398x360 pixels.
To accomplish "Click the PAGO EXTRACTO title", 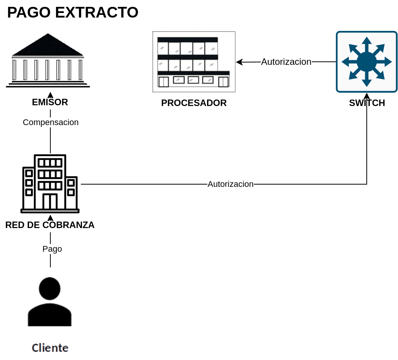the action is click(72, 12).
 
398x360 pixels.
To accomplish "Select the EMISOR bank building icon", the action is click(48, 60).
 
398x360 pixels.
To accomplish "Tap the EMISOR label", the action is click(50, 102).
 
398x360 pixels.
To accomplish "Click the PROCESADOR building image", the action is click(194, 62).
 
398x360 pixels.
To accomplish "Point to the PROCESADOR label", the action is click(194, 103).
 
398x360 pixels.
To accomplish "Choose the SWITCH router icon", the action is click(367, 62).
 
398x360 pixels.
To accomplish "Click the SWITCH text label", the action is click(367, 103).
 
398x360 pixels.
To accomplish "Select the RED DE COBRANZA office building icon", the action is click(50, 184).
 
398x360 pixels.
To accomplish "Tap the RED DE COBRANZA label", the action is click(50, 225).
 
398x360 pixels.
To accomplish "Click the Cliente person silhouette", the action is click(50, 302).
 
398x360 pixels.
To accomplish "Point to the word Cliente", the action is click(50, 348).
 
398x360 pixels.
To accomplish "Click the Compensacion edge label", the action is click(50, 122).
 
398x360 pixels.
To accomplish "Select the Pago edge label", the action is click(52, 249).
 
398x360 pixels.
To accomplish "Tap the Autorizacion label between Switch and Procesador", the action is click(286, 62).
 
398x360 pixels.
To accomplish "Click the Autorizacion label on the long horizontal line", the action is click(231, 184).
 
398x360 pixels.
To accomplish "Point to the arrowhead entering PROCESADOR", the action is click(239, 62).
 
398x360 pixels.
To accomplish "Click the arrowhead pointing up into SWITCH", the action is click(367, 96).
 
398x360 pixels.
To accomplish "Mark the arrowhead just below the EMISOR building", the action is click(50, 95).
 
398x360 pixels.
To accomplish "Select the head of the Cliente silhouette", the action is click(50, 288).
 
